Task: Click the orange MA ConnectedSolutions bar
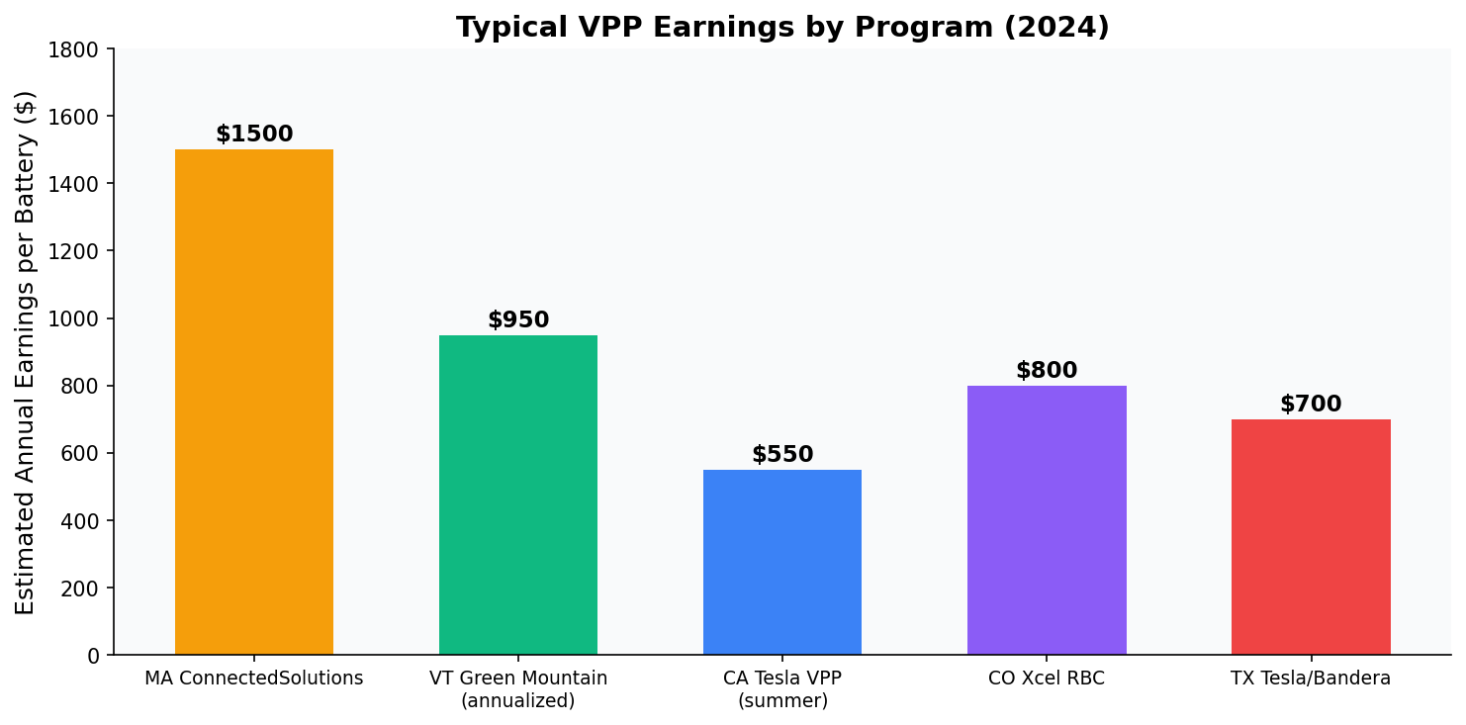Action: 254,402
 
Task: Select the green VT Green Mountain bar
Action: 518,495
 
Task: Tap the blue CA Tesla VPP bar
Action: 782,562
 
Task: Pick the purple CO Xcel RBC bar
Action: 1047,520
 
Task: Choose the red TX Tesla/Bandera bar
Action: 1311,537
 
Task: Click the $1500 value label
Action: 254,135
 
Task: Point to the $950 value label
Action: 518,320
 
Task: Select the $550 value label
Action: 782,455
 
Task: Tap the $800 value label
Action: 1047,371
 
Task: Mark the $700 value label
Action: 1311,405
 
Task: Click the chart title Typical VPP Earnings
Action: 782,27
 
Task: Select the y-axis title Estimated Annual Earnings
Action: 26,352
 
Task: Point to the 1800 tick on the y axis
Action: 79,49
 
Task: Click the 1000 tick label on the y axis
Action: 79,318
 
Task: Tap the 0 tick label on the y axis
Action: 93,656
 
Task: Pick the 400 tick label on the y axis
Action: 84,521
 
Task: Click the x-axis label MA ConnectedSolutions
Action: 254,679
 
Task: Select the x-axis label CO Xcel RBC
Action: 1047,679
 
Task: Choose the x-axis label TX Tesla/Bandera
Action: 1311,679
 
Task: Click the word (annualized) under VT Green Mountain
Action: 518,701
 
